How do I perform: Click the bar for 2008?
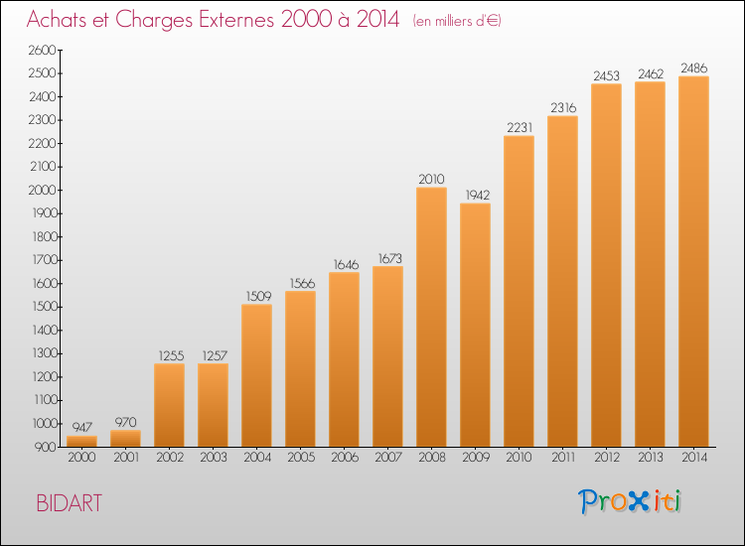(431, 318)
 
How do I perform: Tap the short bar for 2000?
(81, 442)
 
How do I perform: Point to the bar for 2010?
(519, 291)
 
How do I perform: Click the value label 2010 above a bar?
(431, 179)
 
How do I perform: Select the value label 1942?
(475, 195)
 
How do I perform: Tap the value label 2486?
(693, 68)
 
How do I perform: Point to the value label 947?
(81, 427)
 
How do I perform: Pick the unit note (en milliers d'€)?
(456, 21)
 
